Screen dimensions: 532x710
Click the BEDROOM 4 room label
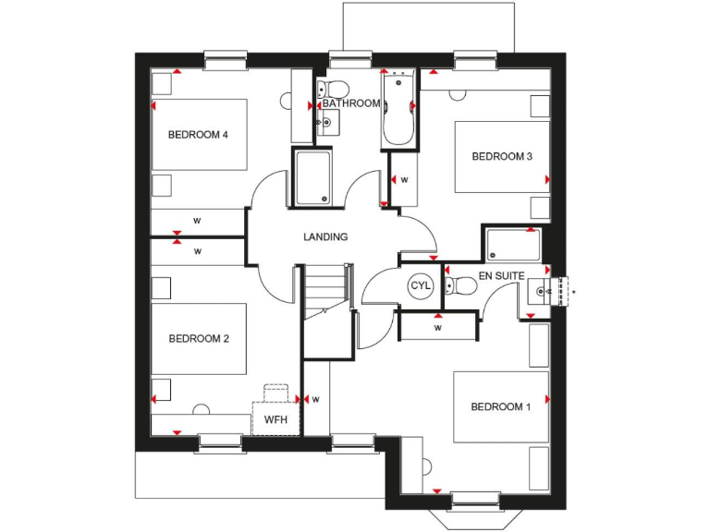pyautogui.click(x=198, y=135)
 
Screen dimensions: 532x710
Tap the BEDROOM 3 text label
pyautogui.click(x=502, y=157)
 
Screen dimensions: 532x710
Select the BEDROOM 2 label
pyautogui.click(x=199, y=339)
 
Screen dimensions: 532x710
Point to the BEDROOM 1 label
pyautogui.click(x=501, y=407)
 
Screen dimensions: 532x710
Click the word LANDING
pyautogui.click(x=325, y=237)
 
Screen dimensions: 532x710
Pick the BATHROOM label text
pyautogui.click(x=351, y=103)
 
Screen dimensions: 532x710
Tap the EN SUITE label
pyautogui.click(x=502, y=276)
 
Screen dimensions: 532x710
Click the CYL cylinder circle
pyautogui.click(x=421, y=286)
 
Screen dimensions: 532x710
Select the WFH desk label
pyautogui.click(x=276, y=420)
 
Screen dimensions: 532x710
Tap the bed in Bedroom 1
pyautogui.click(x=501, y=407)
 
